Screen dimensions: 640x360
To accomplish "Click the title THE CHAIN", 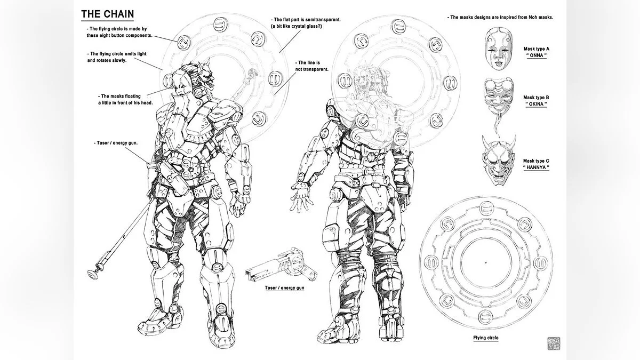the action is (107, 14).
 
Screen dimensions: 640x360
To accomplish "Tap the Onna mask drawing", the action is (498, 49).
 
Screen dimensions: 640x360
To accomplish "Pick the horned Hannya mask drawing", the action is (499, 159).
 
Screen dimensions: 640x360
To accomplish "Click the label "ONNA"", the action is (537, 55).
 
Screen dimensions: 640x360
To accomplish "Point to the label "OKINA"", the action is (536, 104).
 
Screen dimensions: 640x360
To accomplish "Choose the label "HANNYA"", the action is (536, 167).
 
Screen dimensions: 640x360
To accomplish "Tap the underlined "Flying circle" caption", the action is (486, 338).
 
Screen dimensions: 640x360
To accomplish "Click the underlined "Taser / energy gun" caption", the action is (285, 287).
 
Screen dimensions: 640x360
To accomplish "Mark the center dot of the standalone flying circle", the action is (486, 262).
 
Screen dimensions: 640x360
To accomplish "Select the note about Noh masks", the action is (500, 17).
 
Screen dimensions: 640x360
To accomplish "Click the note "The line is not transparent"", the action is (311, 66).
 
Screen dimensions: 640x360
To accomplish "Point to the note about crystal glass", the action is (306, 23).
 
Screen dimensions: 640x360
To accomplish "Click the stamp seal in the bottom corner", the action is (554, 343).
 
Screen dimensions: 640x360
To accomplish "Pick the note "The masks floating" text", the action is (125, 99).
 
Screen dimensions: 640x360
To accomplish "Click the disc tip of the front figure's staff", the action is (93, 274).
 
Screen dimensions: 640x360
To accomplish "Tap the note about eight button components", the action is (119, 32).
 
